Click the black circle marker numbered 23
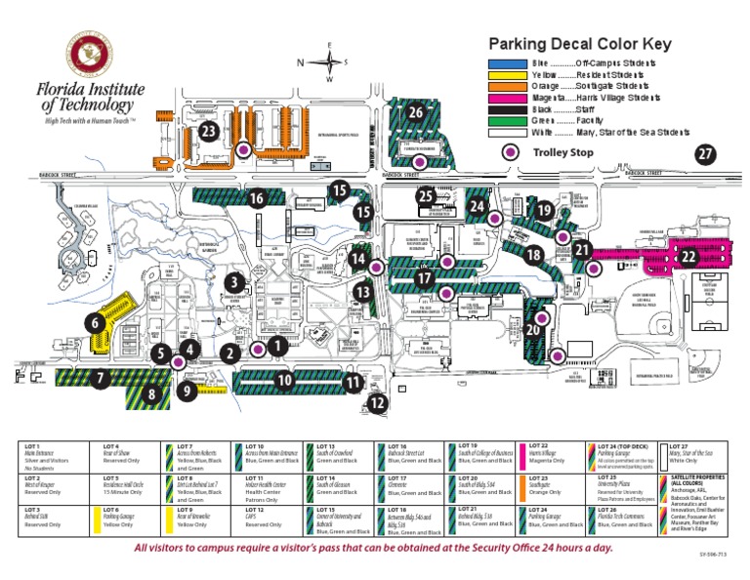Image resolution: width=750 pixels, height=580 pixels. pyautogui.click(x=207, y=131)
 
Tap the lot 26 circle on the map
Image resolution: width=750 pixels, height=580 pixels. pyautogui.click(x=415, y=112)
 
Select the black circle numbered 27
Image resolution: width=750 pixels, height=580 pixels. pyautogui.click(x=705, y=154)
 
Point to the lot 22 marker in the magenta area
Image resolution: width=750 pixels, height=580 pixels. pyautogui.click(x=688, y=256)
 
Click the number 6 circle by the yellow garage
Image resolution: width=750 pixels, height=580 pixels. pyautogui.click(x=95, y=322)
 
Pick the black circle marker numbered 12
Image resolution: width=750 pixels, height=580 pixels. pyautogui.click(x=378, y=402)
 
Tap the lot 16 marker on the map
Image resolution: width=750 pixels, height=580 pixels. pyautogui.click(x=256, y=199)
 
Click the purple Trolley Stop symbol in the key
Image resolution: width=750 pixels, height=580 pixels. pyautogui.click(x=508, y=152)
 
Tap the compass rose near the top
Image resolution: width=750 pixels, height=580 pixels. pyautogui.click(x=329, y=62)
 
